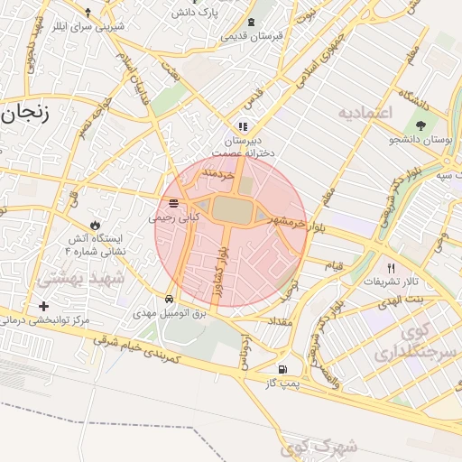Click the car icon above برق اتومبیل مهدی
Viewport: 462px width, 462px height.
click(170, 299)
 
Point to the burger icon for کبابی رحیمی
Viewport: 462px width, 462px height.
click(173, 203)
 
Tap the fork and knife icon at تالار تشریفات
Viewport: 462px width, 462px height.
click(391, 268)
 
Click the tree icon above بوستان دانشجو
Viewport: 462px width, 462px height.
click(421, 125)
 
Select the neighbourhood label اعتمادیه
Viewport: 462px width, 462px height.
click(366, 113)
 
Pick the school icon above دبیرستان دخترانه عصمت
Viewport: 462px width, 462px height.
click(242, 126)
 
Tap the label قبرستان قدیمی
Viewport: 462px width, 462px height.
click(253, 36)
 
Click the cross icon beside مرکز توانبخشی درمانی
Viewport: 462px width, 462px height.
click(43, 307)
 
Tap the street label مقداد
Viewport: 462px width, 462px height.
click(276, 321)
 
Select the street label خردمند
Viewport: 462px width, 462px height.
click(218, 171)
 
